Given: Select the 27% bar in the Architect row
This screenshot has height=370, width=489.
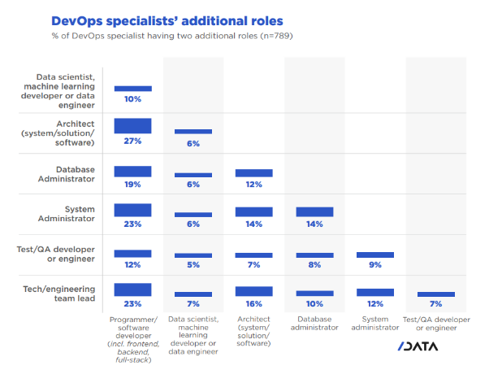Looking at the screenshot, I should coord(132,125).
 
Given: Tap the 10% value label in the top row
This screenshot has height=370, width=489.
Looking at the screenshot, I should coord(132,99).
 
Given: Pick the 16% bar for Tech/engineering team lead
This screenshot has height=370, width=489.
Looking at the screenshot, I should coord(253,291).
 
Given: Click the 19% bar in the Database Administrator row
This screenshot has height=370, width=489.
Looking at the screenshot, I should coord(132,172).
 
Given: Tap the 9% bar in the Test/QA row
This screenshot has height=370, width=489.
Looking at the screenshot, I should coord(374,255).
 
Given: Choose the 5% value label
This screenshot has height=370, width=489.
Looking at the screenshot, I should coord(193,266).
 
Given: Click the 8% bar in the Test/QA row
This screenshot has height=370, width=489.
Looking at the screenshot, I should coord(314,255).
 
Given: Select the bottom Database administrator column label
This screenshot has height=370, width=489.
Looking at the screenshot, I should coord(314,323).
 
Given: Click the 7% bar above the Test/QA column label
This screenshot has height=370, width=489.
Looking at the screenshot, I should coord(435,294).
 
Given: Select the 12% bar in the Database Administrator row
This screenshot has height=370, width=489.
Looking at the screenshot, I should coord(253,173).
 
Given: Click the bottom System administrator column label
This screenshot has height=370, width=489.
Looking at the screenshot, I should coord(374,323).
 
